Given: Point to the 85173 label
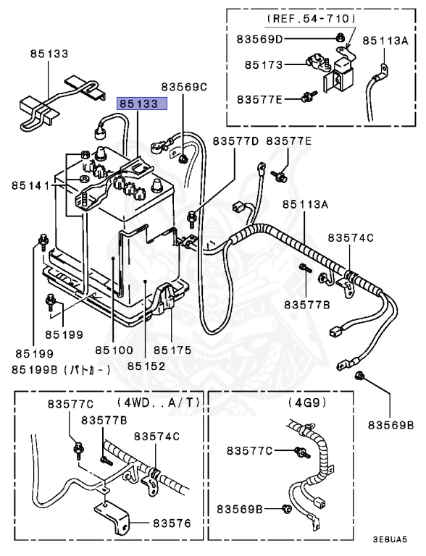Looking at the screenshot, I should pyautogui.click(x=266, y=65).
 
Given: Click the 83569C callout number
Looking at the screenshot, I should pyautogui.click(x=184, y=87).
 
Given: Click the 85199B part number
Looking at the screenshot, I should pyautogui.click(x=36, y=369).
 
